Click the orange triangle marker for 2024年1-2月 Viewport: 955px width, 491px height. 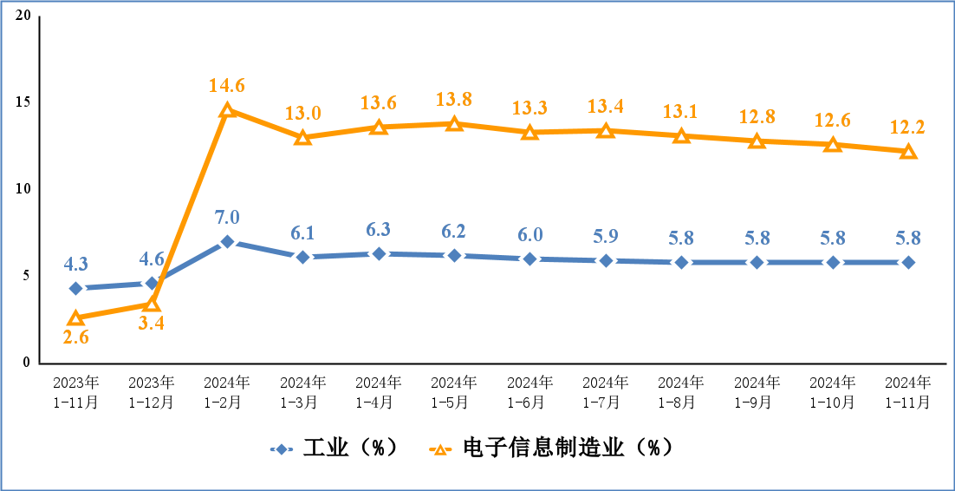(x=227, y=110)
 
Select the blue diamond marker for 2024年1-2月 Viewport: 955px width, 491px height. (x=227, y=241)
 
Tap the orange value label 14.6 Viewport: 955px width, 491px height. (x=227, y=86)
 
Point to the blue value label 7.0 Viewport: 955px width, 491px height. (x=227, y=218)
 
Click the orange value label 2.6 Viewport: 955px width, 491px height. (x=76, y=338)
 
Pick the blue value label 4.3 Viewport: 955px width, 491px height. (x=76, y=265)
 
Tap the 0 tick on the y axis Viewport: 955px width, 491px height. (x=28, y=363)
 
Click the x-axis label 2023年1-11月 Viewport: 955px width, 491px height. (x=76, y=392)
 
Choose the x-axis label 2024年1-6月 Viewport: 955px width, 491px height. (x=529, y=392)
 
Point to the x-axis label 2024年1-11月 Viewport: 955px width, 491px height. (x=907, y=392)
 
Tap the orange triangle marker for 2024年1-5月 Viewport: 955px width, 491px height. (x=454, y=124)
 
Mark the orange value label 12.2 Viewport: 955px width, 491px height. (x=907, y=128)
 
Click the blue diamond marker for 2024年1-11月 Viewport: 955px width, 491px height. (x=907, y=262)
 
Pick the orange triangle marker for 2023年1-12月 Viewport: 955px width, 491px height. (x=152, y=304)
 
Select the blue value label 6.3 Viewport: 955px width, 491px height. (x=379, y=230)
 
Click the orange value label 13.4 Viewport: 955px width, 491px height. (x=605, y=107)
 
